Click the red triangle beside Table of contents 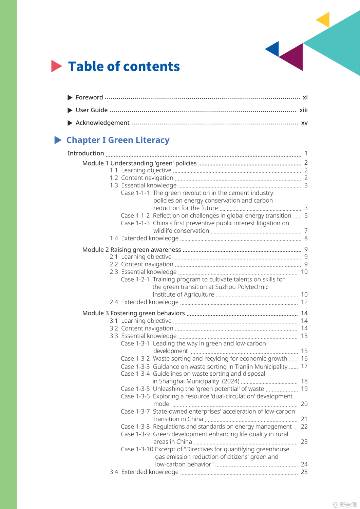click(x=56, y=66)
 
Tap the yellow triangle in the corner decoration click(x=324, y=20)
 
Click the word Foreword click(x=89, y=97)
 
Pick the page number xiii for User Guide click(x=303, y=110)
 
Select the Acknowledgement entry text click(x=102, y=123)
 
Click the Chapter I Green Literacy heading click(x=118, y=140)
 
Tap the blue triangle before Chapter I click(x=58, y=140)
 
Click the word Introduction click(x=86, y=153)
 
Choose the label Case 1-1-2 click(x=135, y=216)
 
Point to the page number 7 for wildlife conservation click(x=306, y=231)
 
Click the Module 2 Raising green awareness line click(x=132, y=250)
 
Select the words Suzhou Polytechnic click(x=242, y=287)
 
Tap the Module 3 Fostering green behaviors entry click(x=133, y=313)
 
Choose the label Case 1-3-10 click(x=137, y=449)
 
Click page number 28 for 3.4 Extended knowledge click(x=304, y=472)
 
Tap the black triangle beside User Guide click(x=70, y=110)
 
